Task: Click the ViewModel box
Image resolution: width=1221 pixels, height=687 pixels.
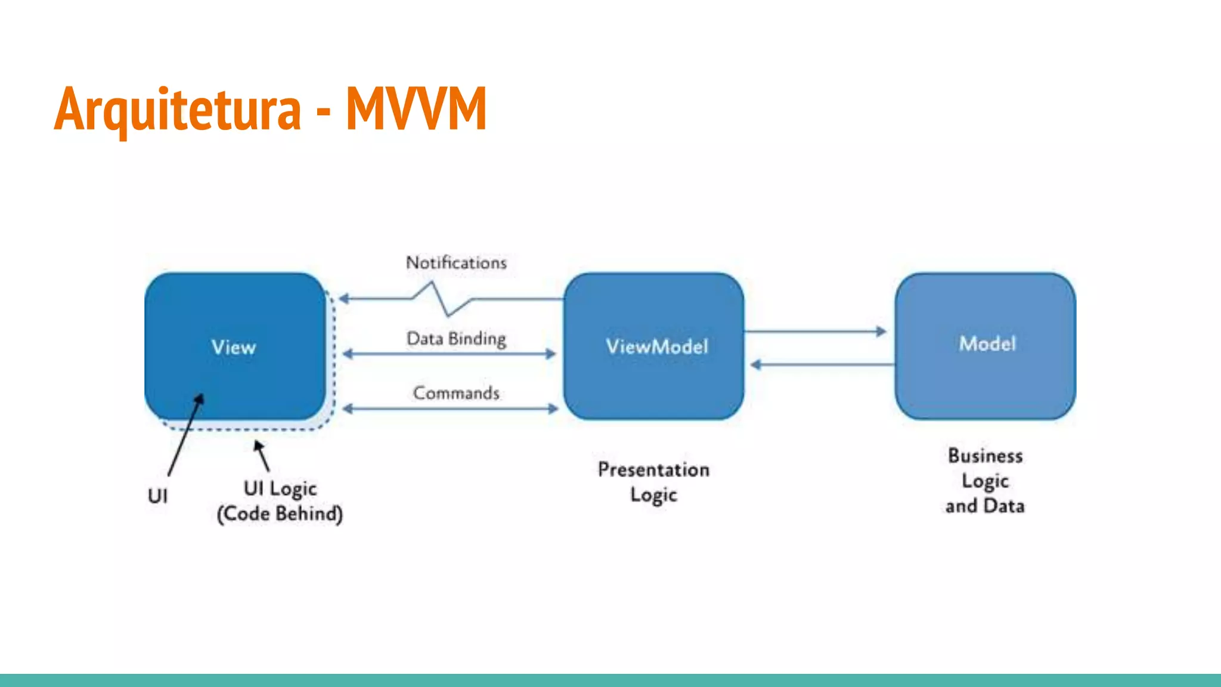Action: [x=654, y=346]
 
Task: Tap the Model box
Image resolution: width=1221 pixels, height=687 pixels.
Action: [x=986, y=345]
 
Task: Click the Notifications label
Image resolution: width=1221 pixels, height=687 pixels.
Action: [x=456, y=263]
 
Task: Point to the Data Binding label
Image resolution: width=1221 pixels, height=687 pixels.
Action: [x=456, y=339]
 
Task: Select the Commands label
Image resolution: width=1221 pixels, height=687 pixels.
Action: [x=456, y=393]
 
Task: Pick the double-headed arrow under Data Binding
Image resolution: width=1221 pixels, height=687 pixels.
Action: [x=450, y=354]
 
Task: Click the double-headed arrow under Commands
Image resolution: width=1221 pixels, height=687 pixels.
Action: [x=450, y=409]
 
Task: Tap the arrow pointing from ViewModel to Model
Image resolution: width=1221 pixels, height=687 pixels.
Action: [x=817, y=332]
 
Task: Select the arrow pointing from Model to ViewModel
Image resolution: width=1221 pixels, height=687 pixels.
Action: [x=823, y=364]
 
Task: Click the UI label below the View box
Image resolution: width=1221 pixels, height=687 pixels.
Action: [x=158, y=496]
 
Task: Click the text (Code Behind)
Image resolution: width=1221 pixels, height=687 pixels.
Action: [x=280, y=514]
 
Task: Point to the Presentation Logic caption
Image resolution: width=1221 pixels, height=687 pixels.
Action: [x=653, y=482]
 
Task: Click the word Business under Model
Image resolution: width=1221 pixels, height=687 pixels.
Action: [x=985, y=456]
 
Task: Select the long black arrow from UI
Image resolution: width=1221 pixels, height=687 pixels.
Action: [x=185, y=435]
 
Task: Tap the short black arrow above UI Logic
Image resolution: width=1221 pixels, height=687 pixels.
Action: [x=262, y=456]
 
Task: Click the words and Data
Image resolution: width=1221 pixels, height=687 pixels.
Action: [x=985, y=506]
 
